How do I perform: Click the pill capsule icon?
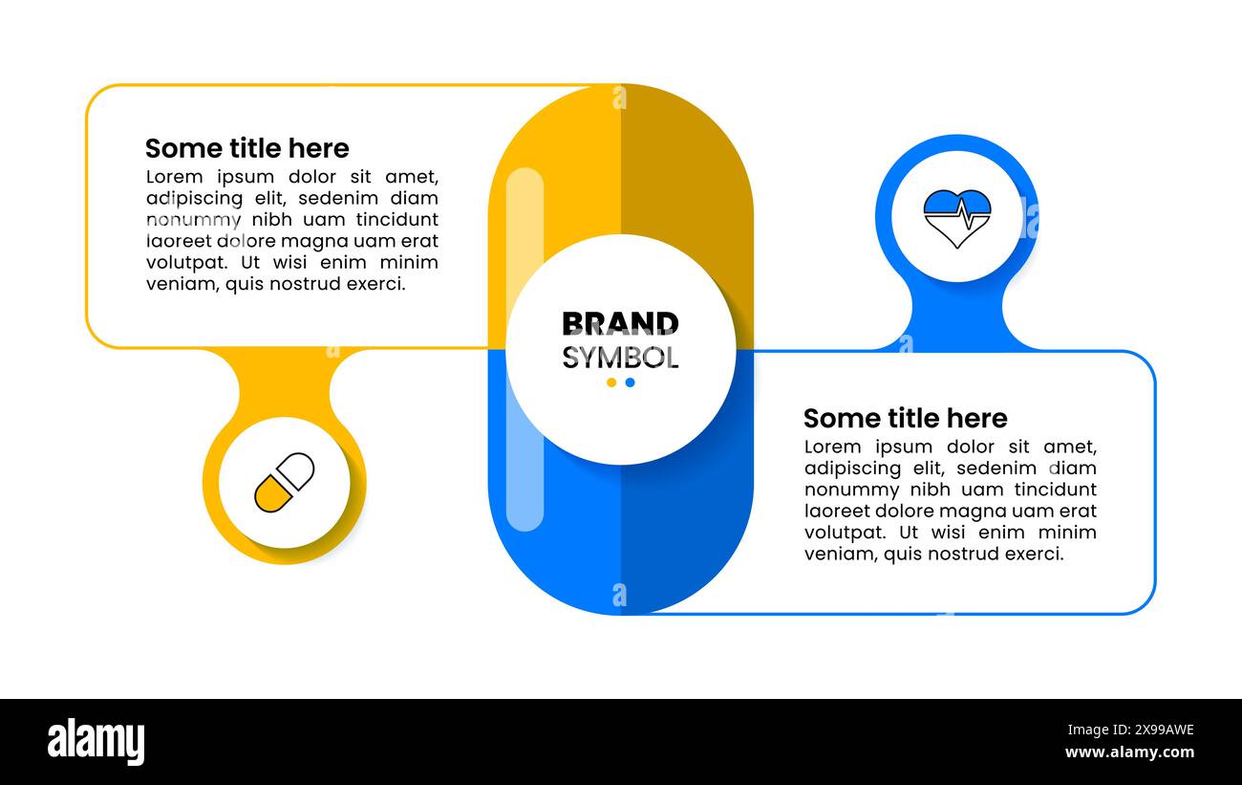pyautogui.click(x=284, y=482)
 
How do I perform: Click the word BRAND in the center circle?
pyautogui.click(x=620, y=324)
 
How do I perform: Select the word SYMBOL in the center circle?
pyautogui.click(x=620, y=358)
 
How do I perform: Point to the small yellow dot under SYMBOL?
pyautogui.click(x=611, y=382)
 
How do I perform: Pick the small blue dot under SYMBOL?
pyautogui.click(x=630, y=382)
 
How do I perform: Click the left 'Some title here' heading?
pyautogui.click(x=246, y=148)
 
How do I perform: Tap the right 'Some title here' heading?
pyautogui.click(x=905, y=418)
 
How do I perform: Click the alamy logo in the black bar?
pyautogui.click(x=96, y=742)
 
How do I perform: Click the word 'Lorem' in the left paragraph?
pyautogui.click(x=174, y=177)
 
